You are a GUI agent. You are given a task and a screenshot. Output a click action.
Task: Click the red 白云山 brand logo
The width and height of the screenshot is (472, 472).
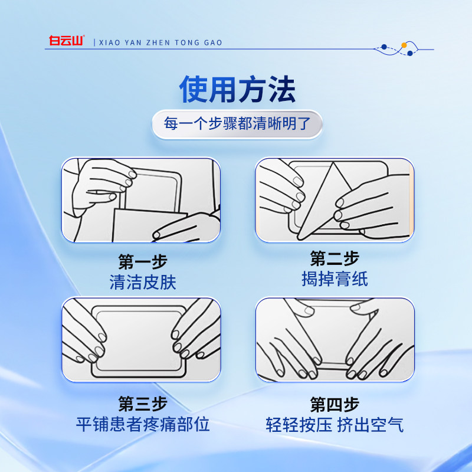point(67,42)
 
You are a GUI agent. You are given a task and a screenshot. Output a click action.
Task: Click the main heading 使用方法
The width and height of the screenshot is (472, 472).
point(237,90)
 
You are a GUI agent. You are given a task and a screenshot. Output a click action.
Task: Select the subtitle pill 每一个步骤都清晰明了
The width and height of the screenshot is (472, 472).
point(237,125)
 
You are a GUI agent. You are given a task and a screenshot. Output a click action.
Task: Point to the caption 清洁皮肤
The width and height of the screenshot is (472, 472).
point(143,283)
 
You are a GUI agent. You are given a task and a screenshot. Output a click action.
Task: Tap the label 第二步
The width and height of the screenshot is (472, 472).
point(335,258)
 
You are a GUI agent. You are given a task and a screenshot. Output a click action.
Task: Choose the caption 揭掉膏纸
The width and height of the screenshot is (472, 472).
point(335,279)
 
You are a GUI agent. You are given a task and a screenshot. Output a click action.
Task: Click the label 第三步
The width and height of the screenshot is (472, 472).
point(143,404)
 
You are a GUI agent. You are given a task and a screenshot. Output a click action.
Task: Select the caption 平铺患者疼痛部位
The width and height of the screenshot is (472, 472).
point(143,425)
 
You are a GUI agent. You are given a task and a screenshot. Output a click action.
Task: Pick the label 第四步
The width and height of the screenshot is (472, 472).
point(335,404)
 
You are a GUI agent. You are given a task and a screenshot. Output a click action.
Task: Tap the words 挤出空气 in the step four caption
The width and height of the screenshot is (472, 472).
point(371,425)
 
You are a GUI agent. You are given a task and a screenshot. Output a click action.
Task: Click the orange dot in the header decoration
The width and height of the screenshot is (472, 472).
point(404,45)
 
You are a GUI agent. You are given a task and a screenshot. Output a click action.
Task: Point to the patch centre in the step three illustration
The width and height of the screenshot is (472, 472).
point(139,339)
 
